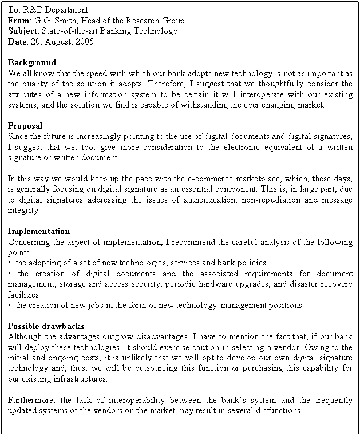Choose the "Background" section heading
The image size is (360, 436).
32,62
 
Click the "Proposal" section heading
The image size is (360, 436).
25,126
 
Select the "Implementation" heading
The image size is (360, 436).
39,231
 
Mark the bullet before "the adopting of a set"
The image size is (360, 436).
11,263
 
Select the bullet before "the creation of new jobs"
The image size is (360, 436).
11,306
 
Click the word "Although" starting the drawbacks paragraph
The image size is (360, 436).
26,336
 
